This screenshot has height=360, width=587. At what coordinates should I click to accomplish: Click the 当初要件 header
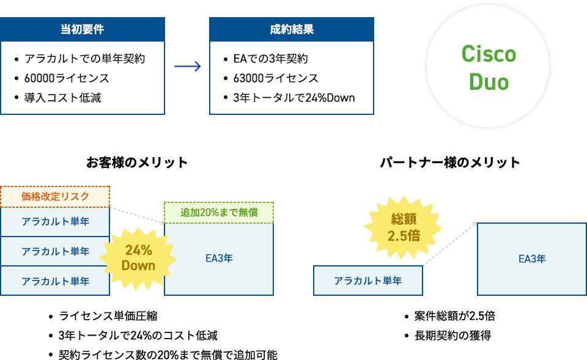click(x=83, y=29)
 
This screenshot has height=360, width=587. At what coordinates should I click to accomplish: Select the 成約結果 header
click(x=292, y=29)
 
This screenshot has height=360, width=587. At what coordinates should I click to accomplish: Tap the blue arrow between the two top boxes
click(x=188, y=67)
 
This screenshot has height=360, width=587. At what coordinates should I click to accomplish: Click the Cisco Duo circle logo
click(x=488, y=66)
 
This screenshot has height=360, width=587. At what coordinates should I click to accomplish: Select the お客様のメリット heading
click(x=137, y=163)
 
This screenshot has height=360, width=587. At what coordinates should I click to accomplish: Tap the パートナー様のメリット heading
click(x=450, y=163)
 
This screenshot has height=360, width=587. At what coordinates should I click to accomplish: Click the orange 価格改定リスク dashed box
click(x=55, y=196)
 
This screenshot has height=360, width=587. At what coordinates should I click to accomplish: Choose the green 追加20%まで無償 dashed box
click(x=219, y=213)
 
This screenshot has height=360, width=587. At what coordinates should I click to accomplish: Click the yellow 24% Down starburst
click(x=138, y=258)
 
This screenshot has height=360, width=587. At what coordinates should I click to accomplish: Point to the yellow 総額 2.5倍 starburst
click(x=403, y=227)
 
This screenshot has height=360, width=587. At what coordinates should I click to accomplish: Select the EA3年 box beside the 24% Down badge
click(x=219, y=259)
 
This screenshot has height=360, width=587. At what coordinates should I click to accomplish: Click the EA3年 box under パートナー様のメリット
click(x=532, y=259)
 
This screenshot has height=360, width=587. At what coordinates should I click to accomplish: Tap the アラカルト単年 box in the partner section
click(x=368, y=281)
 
